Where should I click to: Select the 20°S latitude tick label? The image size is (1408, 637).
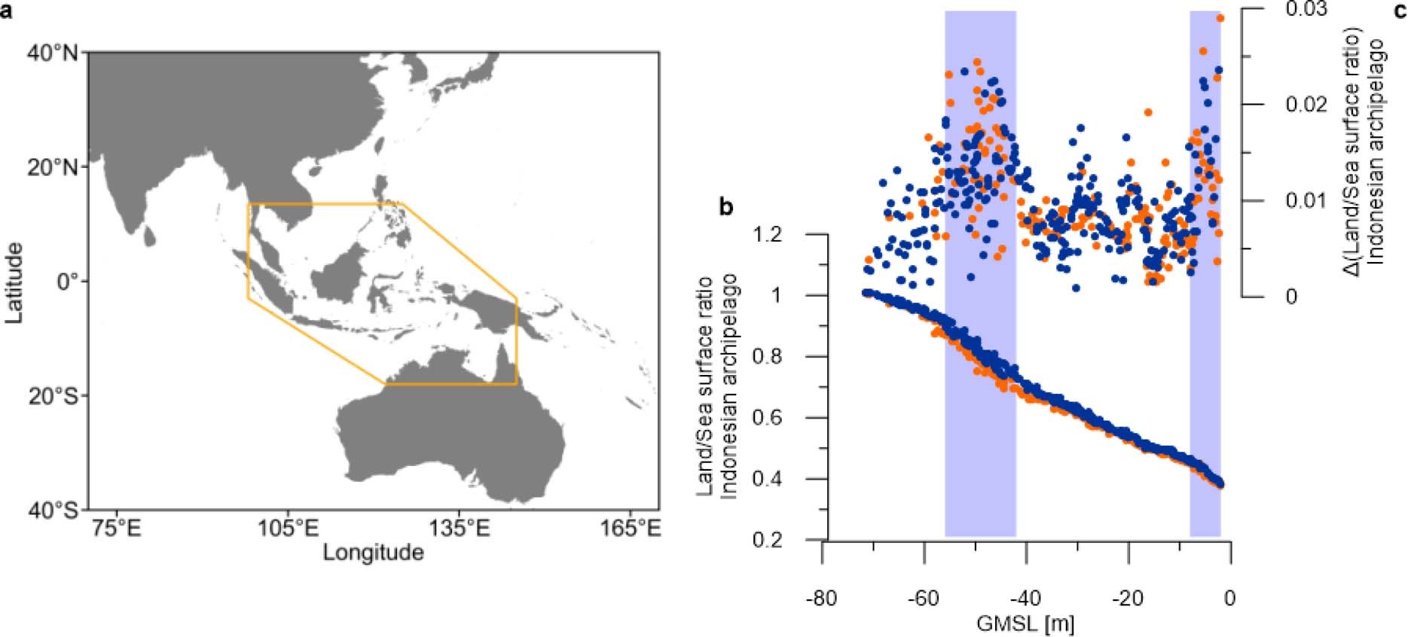[53, 396]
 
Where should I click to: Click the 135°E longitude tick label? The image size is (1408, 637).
[460, 528]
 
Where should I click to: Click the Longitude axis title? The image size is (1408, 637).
[374, 553]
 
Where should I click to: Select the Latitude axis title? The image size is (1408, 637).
[14, 282]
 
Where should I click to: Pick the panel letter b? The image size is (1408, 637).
[725, 207]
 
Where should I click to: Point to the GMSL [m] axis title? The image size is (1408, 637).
[1025, 624]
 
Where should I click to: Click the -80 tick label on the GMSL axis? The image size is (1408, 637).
[820, 599]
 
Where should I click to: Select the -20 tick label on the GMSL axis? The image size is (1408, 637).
[1128, 599]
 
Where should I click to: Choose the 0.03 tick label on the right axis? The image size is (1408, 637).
[1306, 9]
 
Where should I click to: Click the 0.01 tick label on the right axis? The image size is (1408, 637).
[1306, 200]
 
